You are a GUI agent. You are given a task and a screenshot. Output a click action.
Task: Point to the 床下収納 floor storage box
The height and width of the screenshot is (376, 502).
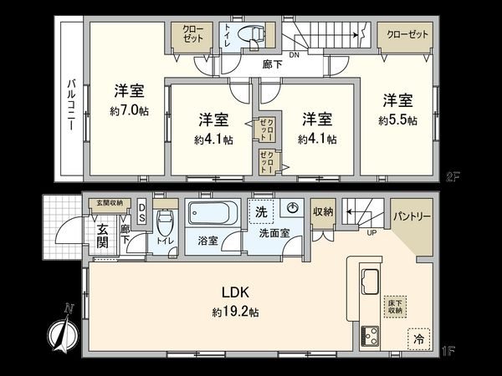coord(394,306)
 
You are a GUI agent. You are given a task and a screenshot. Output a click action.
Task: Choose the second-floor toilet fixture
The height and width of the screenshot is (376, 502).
coord(252,36)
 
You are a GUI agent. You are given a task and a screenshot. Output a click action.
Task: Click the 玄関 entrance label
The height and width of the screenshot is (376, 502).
coord(100,236)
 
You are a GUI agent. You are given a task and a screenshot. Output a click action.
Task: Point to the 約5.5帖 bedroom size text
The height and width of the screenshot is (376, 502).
coord(397,120)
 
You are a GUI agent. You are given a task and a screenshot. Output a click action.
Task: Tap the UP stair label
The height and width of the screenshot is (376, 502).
coord(370,232)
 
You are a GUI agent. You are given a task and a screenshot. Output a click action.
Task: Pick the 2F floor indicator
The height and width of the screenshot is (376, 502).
coord(453,176)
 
